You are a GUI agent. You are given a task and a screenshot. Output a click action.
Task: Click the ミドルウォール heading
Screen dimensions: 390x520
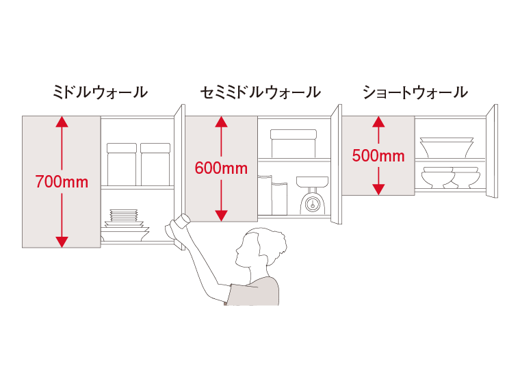click(x=100, y=92)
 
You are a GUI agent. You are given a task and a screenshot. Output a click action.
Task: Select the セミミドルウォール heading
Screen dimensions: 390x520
click(x=260, y=92)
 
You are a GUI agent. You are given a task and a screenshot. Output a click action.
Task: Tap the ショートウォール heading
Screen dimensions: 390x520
click(x=415, y=92)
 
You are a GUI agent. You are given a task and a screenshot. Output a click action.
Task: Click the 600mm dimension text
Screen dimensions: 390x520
click(x=221, y=168)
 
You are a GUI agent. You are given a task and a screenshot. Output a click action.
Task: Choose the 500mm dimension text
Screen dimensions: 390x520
click(x=378, y=156)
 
